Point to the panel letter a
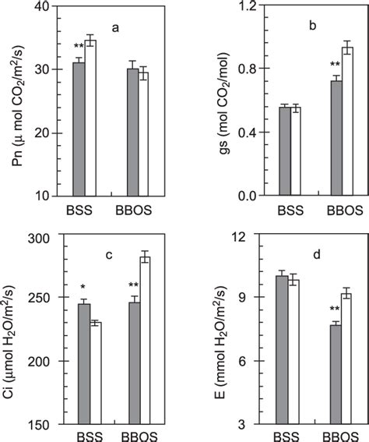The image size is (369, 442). pyautogui.click(x=114, y=30)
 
